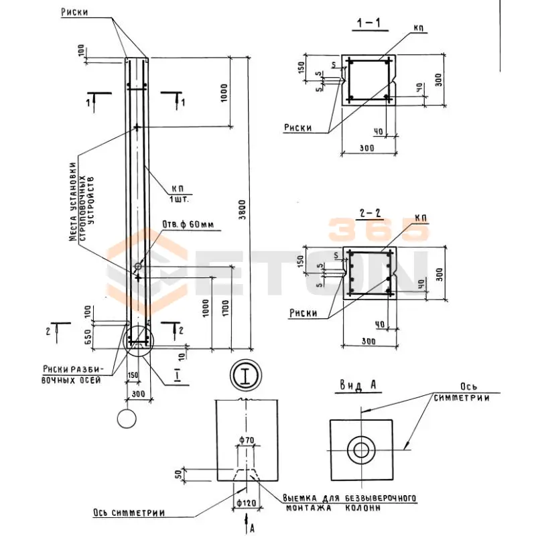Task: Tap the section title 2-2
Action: click(x=370, y=214)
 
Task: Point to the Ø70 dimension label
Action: click(x=245, y=440)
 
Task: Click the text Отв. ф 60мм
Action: click(x=188, y=224)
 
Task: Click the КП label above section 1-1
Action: click(x=419, y=27)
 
